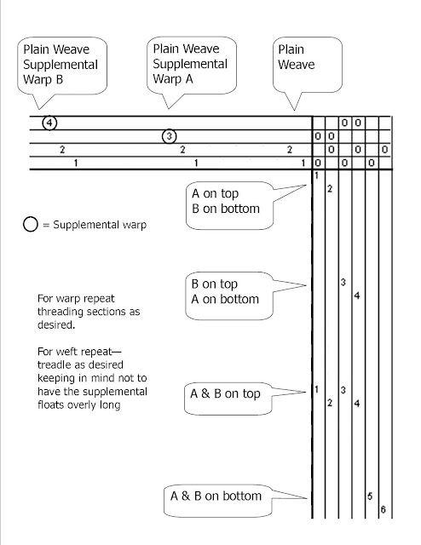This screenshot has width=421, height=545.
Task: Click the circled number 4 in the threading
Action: click(x=49, y=123)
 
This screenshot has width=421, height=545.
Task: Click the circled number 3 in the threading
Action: click(x=169, y=136)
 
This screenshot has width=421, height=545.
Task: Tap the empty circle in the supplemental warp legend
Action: click(x=31, y=224)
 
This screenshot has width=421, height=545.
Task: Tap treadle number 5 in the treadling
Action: click(x=370, y=496)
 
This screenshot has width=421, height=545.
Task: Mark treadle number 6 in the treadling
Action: click(x=383, y=509)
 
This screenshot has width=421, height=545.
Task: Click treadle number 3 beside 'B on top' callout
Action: click(x=343, y=282)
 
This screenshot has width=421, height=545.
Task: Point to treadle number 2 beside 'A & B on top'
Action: click(x=330, y=403)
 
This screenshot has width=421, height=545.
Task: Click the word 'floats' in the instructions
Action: click(x=49, y=404)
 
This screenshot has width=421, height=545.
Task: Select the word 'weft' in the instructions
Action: click(x=68, y=352)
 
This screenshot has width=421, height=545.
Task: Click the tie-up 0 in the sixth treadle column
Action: click(x=384, y=150)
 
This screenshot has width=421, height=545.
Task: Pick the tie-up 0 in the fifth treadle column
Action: click(x=372, y=163)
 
